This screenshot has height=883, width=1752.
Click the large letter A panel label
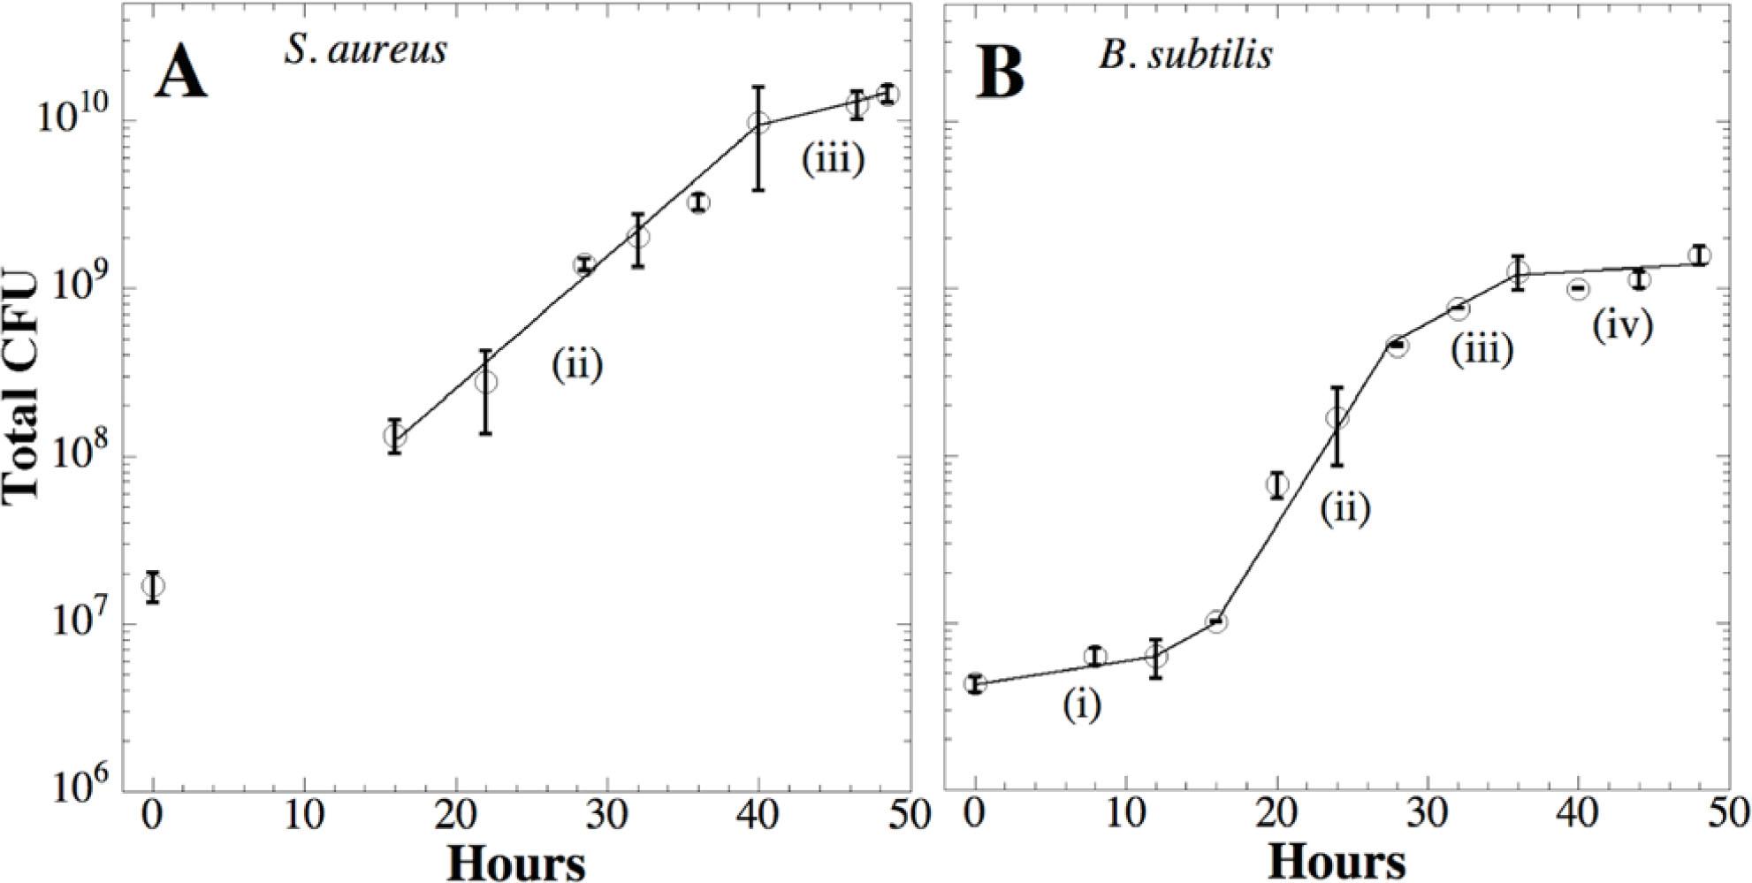point(181,72)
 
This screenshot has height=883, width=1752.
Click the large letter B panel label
point(1001,72)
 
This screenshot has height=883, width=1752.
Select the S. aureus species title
point(365,50)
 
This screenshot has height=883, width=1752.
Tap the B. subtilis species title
point(1186,55)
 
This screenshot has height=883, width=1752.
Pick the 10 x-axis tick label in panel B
point(1125,814)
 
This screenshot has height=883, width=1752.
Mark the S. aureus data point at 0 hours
point(154,586)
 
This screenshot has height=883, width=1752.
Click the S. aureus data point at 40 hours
point(758,123)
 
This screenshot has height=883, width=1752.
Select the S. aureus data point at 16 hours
point(395,435)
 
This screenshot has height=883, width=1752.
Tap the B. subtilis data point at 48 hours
point(1698,256)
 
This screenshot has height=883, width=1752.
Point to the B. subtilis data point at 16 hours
point(1216,622)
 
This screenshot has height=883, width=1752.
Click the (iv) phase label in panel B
point(1622,326)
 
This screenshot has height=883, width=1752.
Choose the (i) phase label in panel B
point(1082,704)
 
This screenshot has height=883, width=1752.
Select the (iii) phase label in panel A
point(832,160)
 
